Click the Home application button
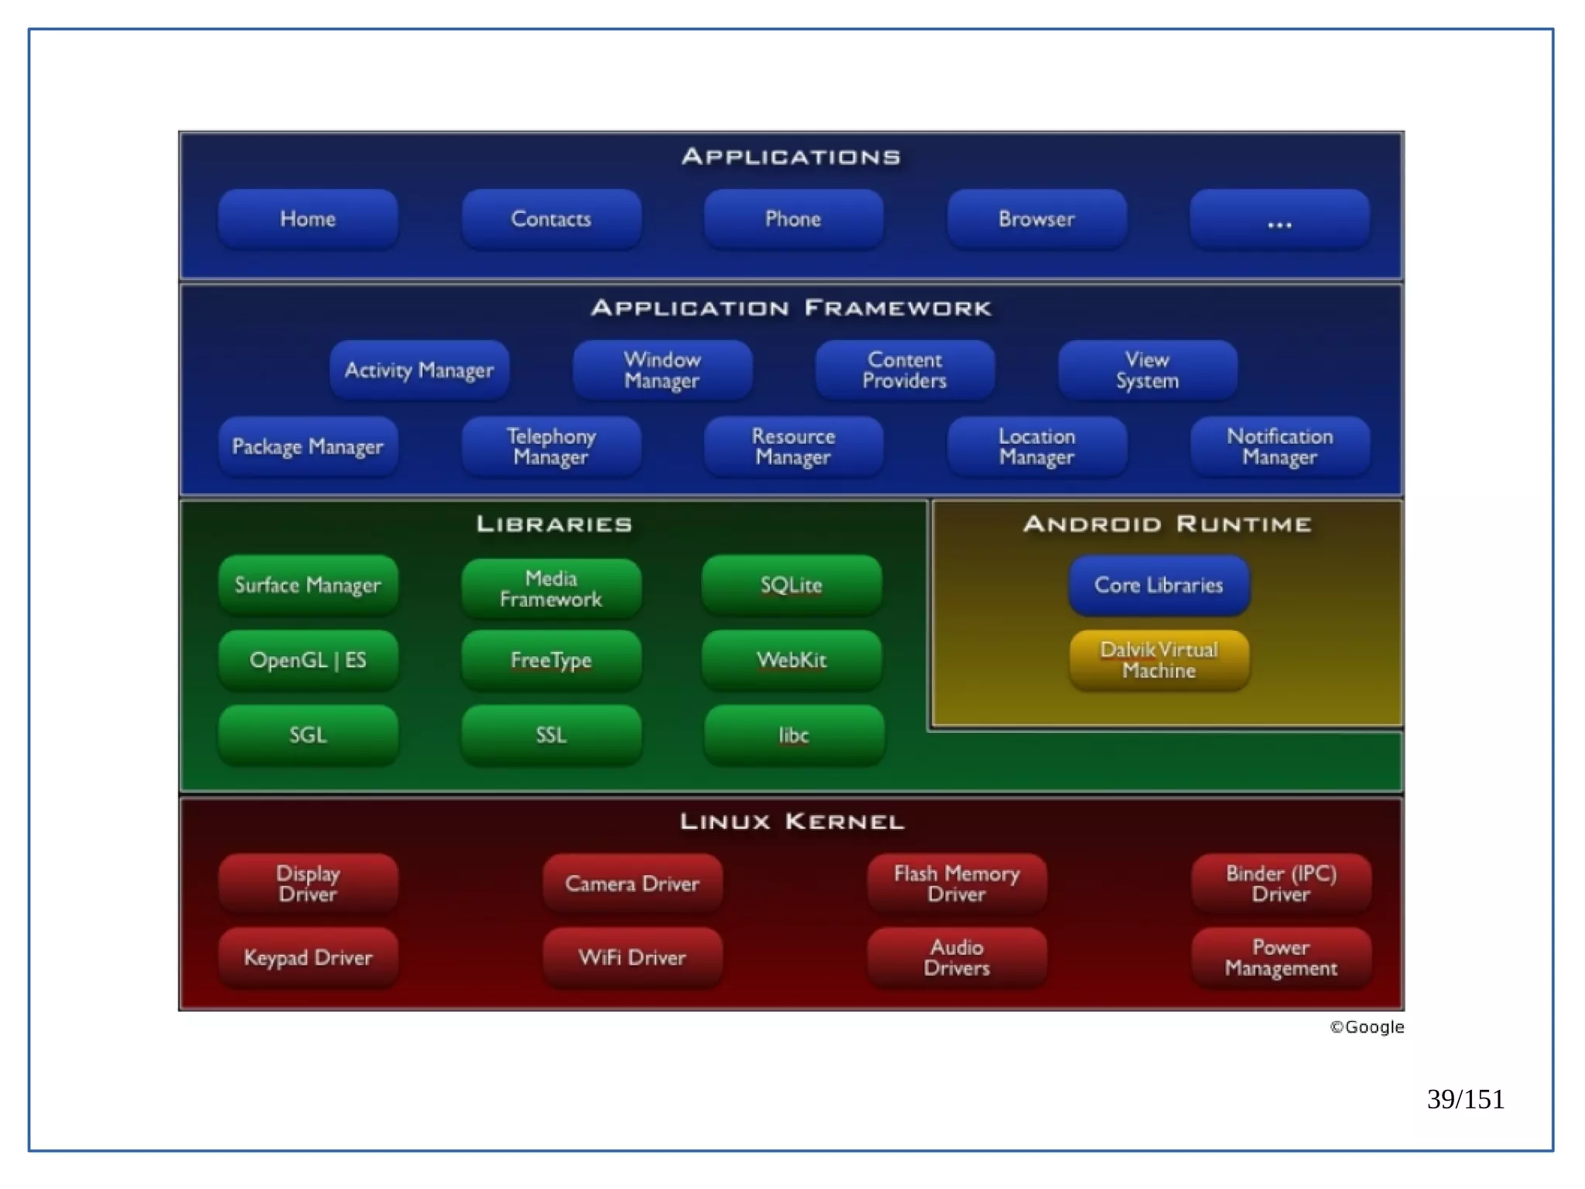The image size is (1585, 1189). pyautogui.click(x=308, y=219)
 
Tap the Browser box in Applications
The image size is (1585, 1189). pyautogui.click(x=1036, y=219)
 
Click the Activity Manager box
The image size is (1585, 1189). pyautogui.click(x=419, y=370)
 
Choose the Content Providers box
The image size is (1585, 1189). pyautogui.click(x=905, y=370)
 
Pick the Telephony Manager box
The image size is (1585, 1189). pyautogui.click(x=551, y=447)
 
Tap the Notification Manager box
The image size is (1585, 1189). pyautogui.click(x=1279, y=447)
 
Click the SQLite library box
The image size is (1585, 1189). pyautogui.click(x=791, y=585)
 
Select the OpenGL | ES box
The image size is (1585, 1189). pyautogui.click(x=308, y=660)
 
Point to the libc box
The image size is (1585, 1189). pyautogui.click(x=793, y=735)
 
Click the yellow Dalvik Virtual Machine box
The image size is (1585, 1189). pyautogui.click(x=1159, y=660)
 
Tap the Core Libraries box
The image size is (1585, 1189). pyautogui.click(x=1159, y=585)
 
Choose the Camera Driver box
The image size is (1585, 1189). pyautogui.click(x=632, y=883)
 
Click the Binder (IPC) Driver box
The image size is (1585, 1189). pyautogui.click(x=1281, y=883)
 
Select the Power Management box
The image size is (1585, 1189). pyautogui.click(x=1281, y=958)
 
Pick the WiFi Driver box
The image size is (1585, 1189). pyautogui.click(x=632, y=958)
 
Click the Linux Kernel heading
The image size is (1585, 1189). pyautogui.click(x=792, y=821)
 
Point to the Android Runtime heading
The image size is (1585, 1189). pyautogui.click(x=1167, y=524)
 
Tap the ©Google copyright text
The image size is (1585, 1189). pyautogui.click(x=1367, y=1027)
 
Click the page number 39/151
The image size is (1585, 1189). pyautogui.click(x=1465, y=1099)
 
